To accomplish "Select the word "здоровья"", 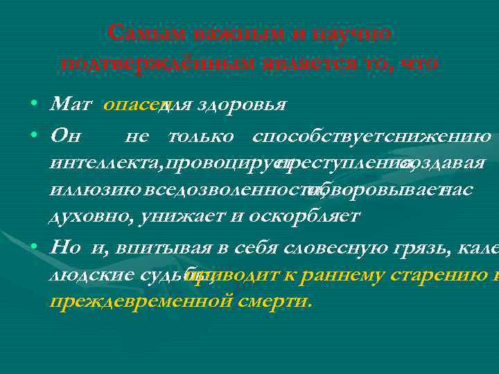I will click(243, 105).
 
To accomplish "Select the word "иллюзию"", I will click(87, 190).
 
